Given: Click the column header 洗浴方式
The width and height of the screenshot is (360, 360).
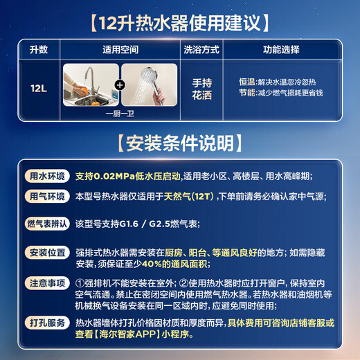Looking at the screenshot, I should (200, 51).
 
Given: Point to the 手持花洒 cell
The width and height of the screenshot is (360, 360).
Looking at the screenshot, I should (201, 89).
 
